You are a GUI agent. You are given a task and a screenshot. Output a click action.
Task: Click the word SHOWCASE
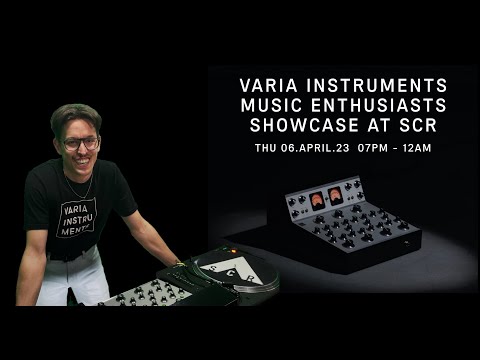pos(295,126)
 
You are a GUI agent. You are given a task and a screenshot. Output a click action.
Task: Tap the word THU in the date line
pos(266,148)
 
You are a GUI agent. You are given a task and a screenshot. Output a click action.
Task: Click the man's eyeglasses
pos(82,142)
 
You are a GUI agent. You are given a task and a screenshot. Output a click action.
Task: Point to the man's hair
pos(75,116)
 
